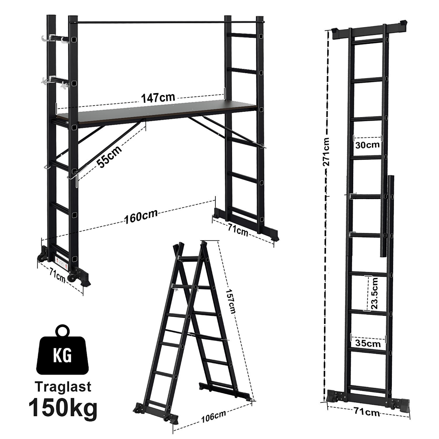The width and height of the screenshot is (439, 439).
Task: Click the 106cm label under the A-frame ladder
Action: click(x=214, y=416)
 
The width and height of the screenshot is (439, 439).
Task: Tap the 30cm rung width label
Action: click(x=367, y=145)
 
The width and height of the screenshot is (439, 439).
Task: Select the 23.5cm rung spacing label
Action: click(x=374, y=294)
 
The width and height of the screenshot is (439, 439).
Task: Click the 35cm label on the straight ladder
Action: click(x=368, y=344)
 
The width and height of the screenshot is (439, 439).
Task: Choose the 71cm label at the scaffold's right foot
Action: click(x=237, y=230)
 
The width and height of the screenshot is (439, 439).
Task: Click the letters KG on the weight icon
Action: click(x=62, y=356)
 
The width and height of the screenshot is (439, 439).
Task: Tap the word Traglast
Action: click(x=63, y=386)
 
